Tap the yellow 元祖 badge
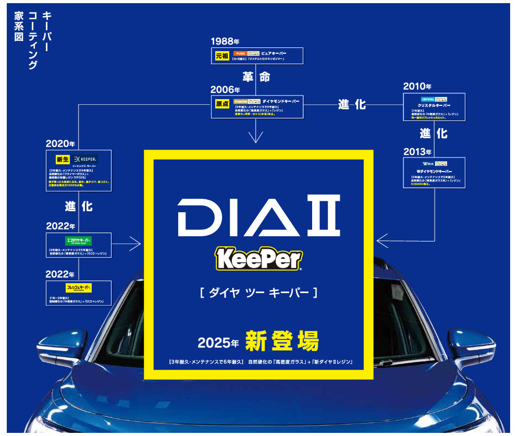[x=222, y=55]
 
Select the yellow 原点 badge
[x=222, y=103]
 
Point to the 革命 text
[x=256, y=77]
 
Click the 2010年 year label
[x=417, y=87]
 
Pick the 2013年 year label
[x=417, y=152]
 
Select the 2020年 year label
[x=60, y=143]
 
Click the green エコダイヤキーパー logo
[x=79, y=241]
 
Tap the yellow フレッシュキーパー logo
[x=79, y=288]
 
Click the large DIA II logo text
[x=259, y=215]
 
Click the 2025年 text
[x=218, y=343]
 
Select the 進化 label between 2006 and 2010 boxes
[x=352, y=105]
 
